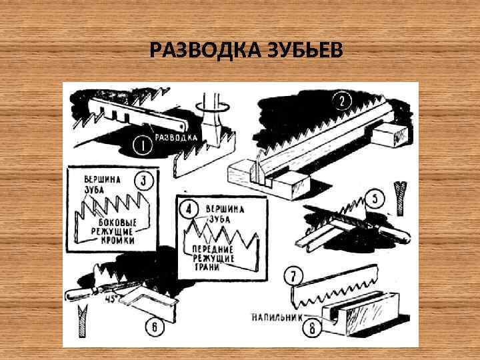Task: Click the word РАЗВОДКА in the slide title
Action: (x=205, y=50)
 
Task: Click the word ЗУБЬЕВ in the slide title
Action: (x=305, y=50)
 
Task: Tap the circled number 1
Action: (x=143, y=145)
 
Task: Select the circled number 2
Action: (x=341, y=101)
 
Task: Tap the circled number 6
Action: (x=155, y=327)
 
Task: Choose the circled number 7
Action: (x=293, y=277)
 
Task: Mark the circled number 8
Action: (x=312, y=329)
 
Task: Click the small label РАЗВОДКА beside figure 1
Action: (x=176, y=137)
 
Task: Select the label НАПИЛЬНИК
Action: (x=277, y=317)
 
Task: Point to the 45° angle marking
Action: (x=111, y=299)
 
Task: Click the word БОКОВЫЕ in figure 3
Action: (x=118, y=222)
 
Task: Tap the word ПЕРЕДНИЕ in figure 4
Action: (x=213, y=249)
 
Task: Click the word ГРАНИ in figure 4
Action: (x=207, y=267)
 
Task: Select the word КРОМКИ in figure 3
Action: (x=118, y=240)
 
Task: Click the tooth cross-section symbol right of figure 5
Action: (x=400, y=199)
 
